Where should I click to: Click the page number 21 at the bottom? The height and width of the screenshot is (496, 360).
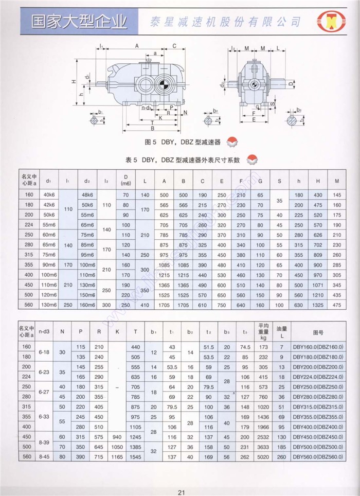(x=181, y=491)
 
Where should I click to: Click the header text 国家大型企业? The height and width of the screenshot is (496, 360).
(x=72, y=22)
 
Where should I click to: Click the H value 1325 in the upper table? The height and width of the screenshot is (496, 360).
(x=318, y=305)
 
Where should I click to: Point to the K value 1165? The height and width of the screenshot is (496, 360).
(x=117, y=456)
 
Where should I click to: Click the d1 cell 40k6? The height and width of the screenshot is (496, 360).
(x=49, y=194)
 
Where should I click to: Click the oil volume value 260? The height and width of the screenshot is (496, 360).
(x=281, y=456)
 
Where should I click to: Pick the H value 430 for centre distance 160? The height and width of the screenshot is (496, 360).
(x=318, y=194)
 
